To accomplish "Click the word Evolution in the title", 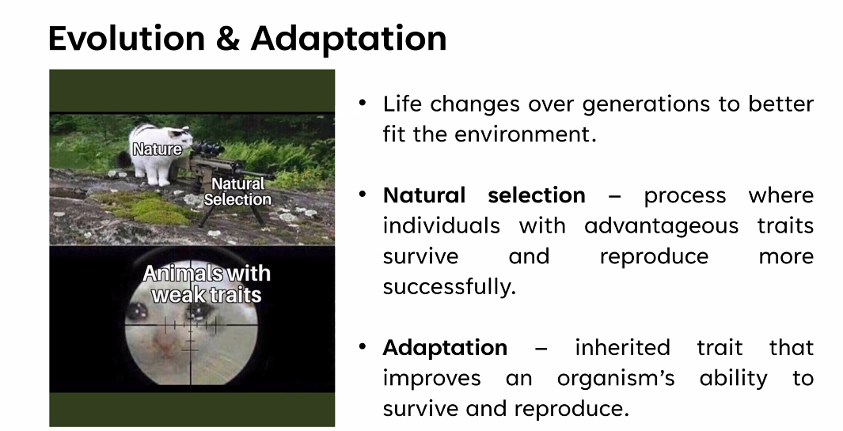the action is [127, 38].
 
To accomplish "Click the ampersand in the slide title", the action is [228, 39].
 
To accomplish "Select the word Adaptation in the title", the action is [348, 40].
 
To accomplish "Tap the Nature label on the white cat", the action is [157, 149].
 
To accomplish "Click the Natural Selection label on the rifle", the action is [237, 192].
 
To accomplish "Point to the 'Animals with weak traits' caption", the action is [207, 284].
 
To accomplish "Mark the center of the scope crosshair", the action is [190, 326].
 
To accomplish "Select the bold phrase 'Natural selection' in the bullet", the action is [484, 195].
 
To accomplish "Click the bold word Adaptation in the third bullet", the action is [445, 348].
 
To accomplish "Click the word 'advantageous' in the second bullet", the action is [661, 225].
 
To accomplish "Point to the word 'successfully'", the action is [448, 287].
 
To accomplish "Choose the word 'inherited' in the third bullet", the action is [622, 348].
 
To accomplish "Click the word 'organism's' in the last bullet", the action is [616, 378].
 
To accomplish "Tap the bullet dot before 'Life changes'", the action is [363, 102].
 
